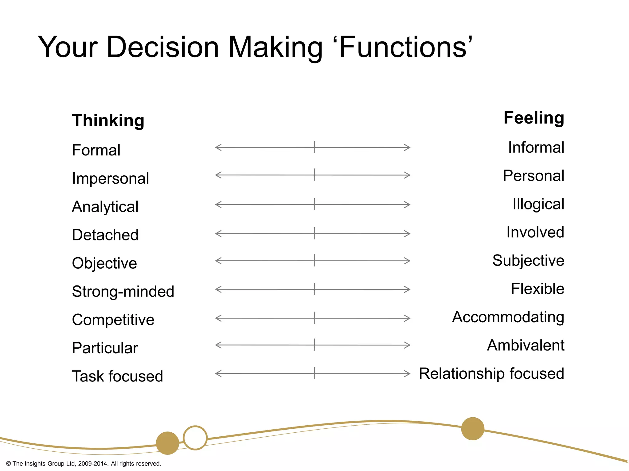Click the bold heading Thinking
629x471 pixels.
click(108, 120)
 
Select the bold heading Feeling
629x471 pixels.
click(534, 118)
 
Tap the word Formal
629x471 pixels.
click(96, 150)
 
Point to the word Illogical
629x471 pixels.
click(538, 204)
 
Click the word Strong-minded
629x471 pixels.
click(123, 291)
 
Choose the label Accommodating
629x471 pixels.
click(508, 317)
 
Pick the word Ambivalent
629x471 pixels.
click(525, 345)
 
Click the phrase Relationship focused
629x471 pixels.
click(491, 373)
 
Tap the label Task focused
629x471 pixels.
click(117, 376)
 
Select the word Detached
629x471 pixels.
click(105, 235)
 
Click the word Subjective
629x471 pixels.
click(528, 261)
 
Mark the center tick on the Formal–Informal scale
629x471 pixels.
click(314, 147)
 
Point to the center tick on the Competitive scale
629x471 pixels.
click(314, 318)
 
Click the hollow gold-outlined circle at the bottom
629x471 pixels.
click(195, 438)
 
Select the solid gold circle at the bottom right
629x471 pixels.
click(473, 429)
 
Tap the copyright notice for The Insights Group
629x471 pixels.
click(84, 464)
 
